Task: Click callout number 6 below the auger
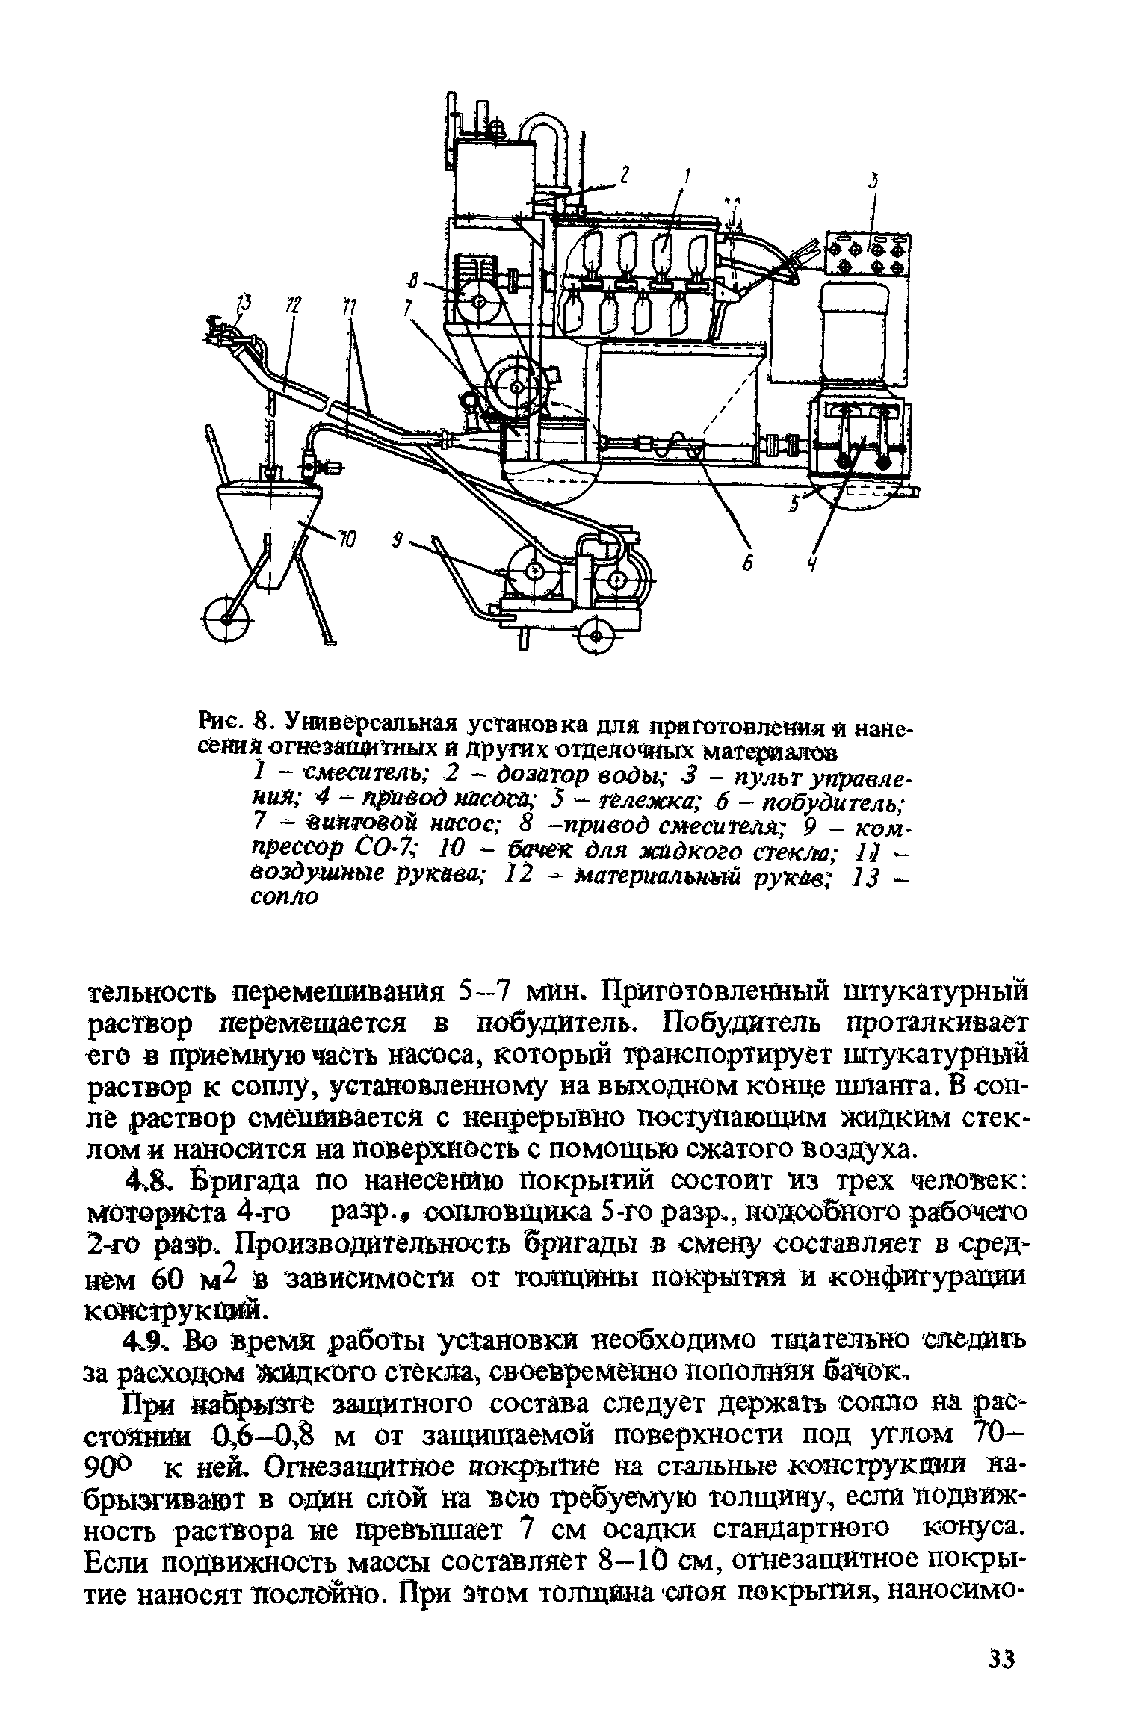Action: click(x=745, y=566)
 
